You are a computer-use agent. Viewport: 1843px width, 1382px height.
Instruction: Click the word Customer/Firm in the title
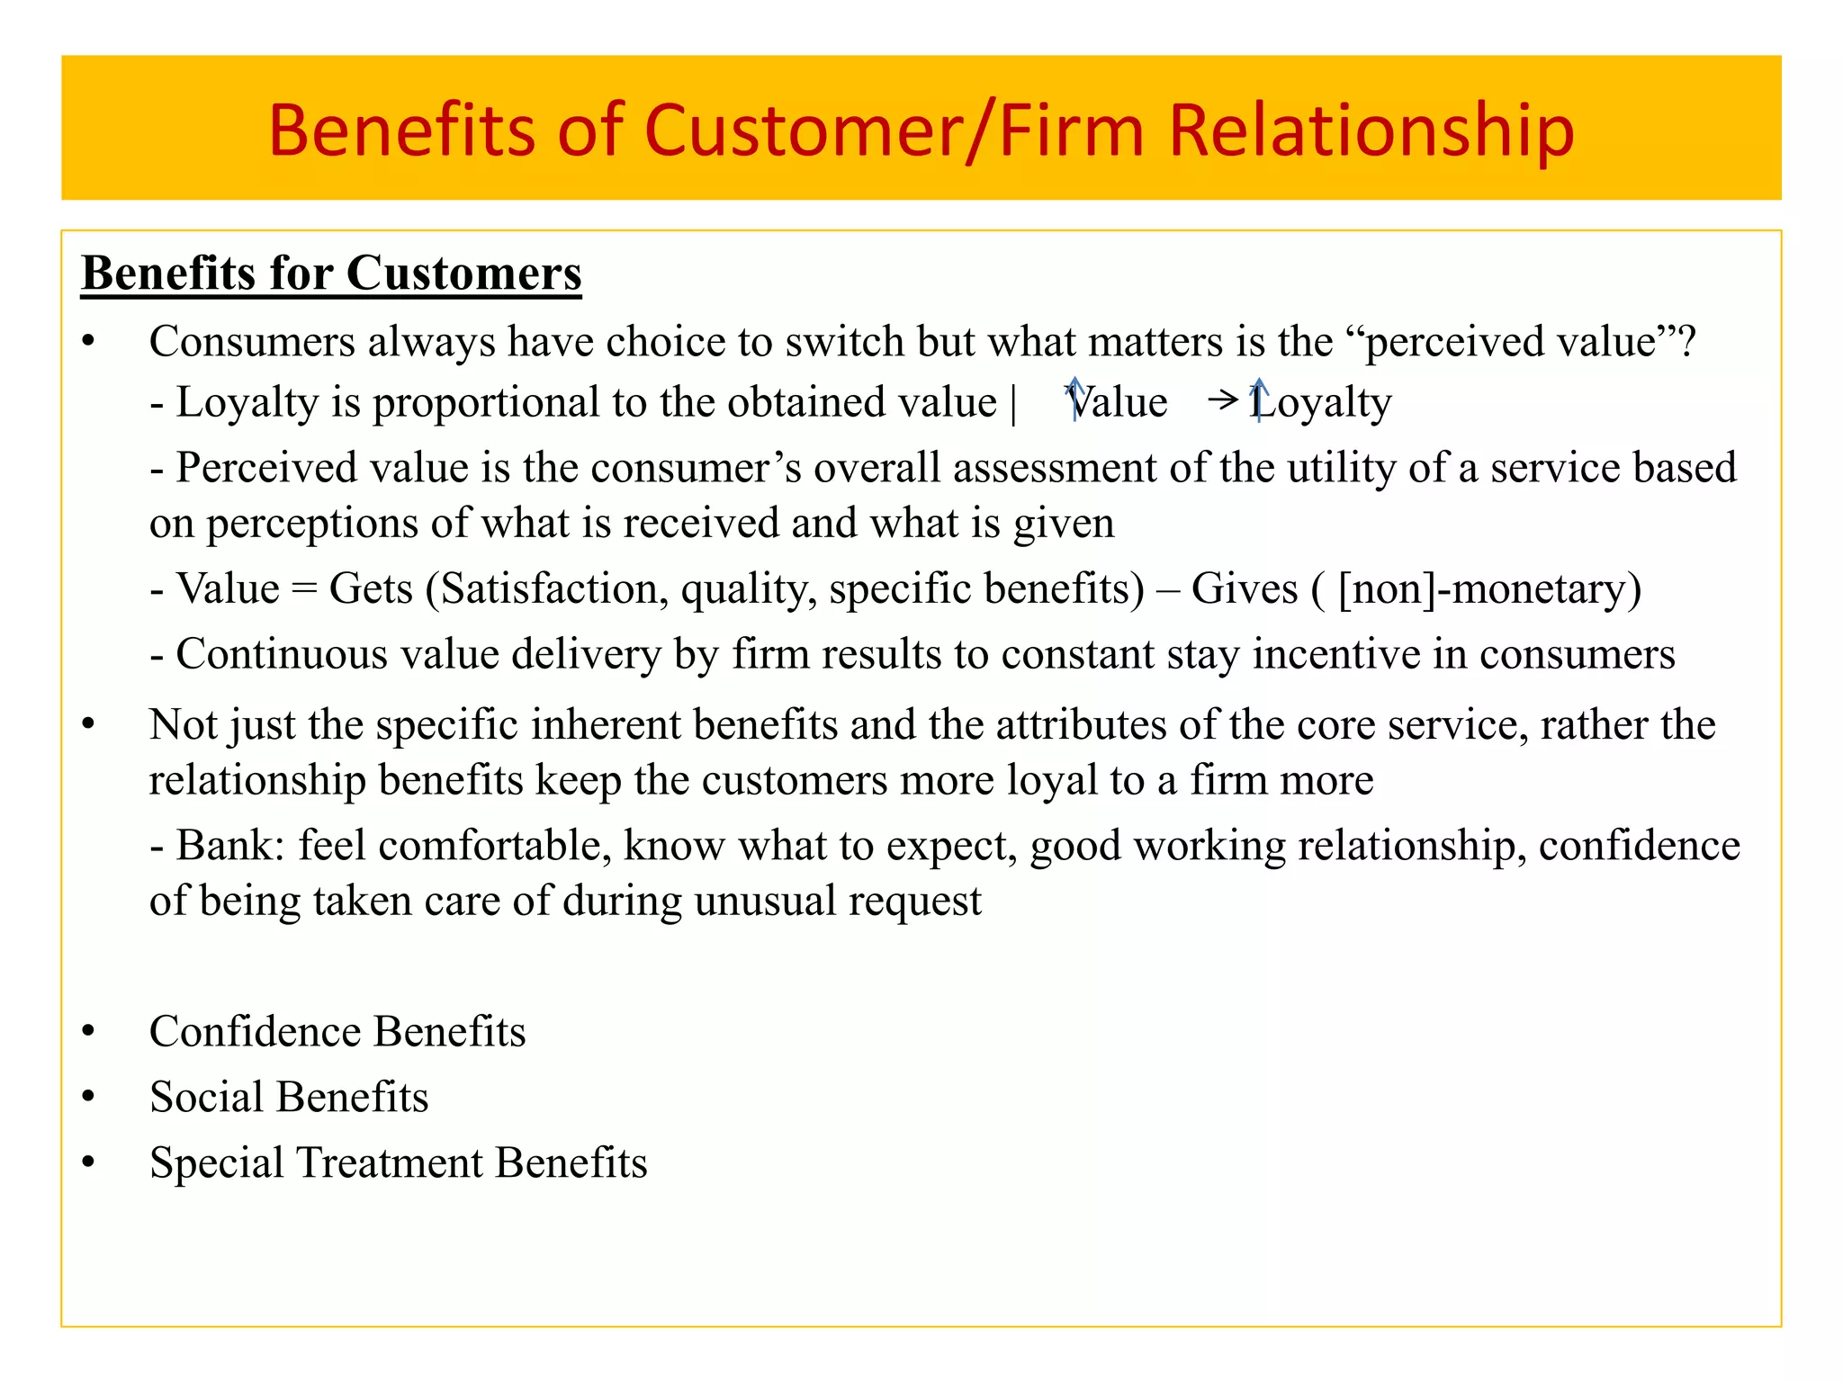(x=903, y=130)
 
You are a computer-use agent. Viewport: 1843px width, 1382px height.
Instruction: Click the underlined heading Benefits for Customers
(x=331, y=274)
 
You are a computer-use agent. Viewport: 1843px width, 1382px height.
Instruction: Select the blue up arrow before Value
(x=1074, y=399)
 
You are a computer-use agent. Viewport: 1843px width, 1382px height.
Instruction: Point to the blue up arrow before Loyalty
(x=1259, y=399)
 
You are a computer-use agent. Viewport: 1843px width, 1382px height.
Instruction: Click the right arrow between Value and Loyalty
(x=1224, y=399)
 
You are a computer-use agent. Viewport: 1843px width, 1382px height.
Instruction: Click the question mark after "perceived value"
(x=1686, y=342)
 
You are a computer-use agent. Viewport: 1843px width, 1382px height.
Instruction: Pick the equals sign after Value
(x=304, y=590)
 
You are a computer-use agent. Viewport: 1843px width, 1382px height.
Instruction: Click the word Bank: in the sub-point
(x=230, y=846)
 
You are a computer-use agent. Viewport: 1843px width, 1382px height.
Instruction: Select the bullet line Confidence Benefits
(x=337, y=1032)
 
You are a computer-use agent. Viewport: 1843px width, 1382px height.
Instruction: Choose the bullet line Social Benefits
(x=289, y=1098)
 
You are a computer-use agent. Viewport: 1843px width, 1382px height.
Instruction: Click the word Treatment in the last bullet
(x=390, y=1163)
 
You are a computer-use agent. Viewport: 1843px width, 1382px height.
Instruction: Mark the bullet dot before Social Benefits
(x=88, y=1097)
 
